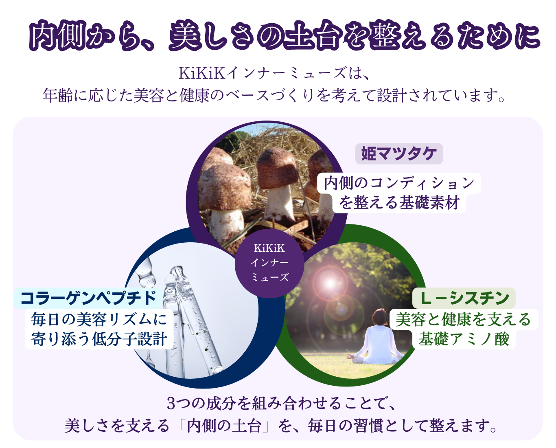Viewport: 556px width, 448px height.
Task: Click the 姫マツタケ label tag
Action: tap(399, 154)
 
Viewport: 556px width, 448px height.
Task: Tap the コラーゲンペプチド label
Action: tap(88, 298)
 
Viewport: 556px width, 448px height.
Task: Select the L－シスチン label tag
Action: tap(464, 298)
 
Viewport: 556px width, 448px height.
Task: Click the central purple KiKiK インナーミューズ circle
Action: tap(269, 263)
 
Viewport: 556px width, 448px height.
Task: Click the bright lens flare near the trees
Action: tap(330, 283)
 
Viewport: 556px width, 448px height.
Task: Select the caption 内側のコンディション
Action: tap(399, 183)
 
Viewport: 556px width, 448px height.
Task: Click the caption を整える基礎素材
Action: tap(399, 202)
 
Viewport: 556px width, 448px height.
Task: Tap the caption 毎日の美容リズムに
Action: tap(99, 319)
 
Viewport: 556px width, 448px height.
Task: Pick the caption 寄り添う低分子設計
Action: tap(99, 339)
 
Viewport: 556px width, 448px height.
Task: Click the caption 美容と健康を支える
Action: tap(463, 319)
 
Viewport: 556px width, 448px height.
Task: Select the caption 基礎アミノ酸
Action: tap(464, 339)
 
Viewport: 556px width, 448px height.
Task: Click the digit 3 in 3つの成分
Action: tap(171, 404)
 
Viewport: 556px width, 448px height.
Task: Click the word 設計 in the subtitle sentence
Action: tap(392, 95)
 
